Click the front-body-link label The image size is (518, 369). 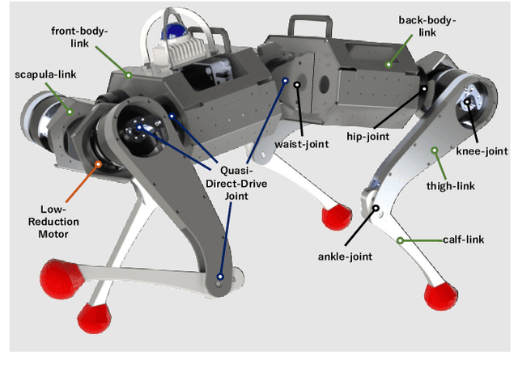[79, 37]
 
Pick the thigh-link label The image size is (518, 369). [473, 185]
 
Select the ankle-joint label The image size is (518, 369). [343, 257]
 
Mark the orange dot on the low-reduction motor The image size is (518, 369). [99, 166]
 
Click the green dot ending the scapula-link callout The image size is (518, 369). [70, 112]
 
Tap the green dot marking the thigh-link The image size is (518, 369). [433, 149]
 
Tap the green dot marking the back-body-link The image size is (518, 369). [388, 64]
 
